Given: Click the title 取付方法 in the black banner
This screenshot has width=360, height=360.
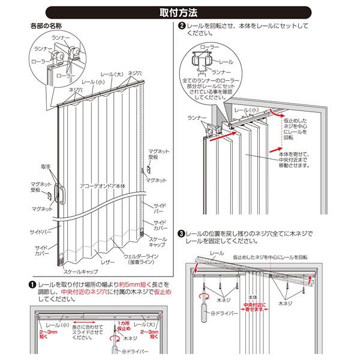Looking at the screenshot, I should pyautogui.click(x=180, y=11).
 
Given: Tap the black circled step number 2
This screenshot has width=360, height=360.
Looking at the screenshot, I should pyautogui.click(x=182, y=26).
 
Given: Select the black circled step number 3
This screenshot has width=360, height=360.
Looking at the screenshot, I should pyautogui.click(x=182, y=233).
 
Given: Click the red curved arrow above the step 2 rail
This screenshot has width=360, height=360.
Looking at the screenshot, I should pyautogui.click(x=285, y=112).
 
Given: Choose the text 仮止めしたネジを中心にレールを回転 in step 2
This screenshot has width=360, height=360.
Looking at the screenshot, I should pyautogui.click(x=298, y=128).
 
